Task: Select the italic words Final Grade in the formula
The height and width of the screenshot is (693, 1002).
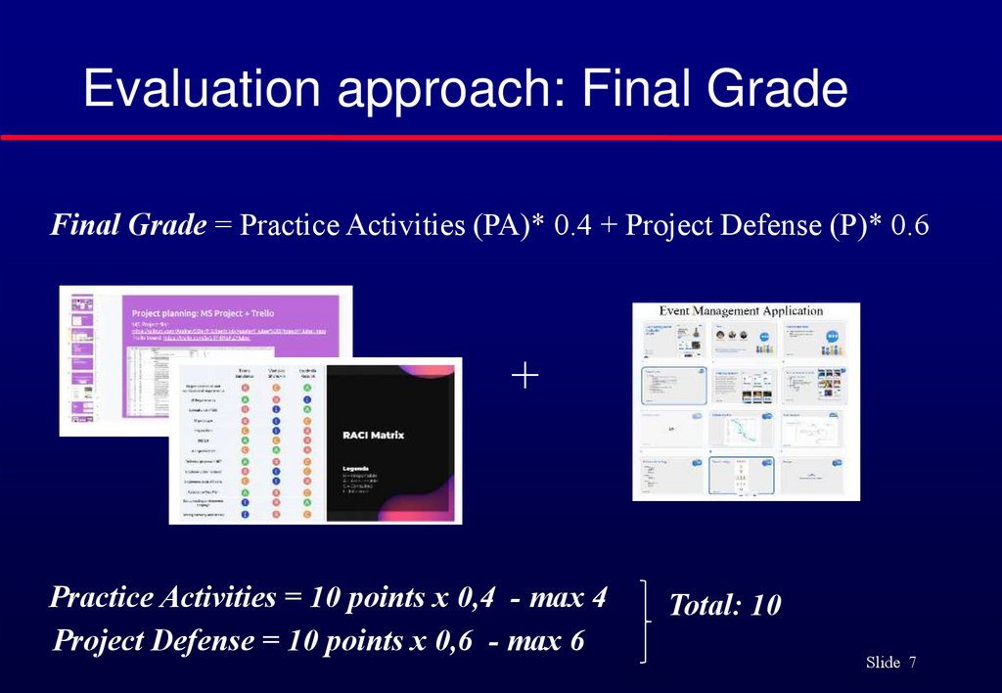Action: pyautogui.click(x=128, y=226)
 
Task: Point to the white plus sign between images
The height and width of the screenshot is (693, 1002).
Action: pyautogui.click(x=524, y=377)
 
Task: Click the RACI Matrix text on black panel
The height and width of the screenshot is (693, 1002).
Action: pyautogui.click(x=373, y=434)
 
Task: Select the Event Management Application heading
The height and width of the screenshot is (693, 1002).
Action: pyautogui.click(x=740, y=311)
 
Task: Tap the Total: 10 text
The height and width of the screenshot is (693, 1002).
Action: pyautogui.click(x=724, y=606)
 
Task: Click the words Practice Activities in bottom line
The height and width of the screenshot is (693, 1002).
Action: pyautogui.click(x=162, y=597)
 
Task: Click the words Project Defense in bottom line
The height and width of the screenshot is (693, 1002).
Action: pyautogui.click(x=153, y=641)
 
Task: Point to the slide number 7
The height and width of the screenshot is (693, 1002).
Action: pyautogui.click(x=912, y=664)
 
